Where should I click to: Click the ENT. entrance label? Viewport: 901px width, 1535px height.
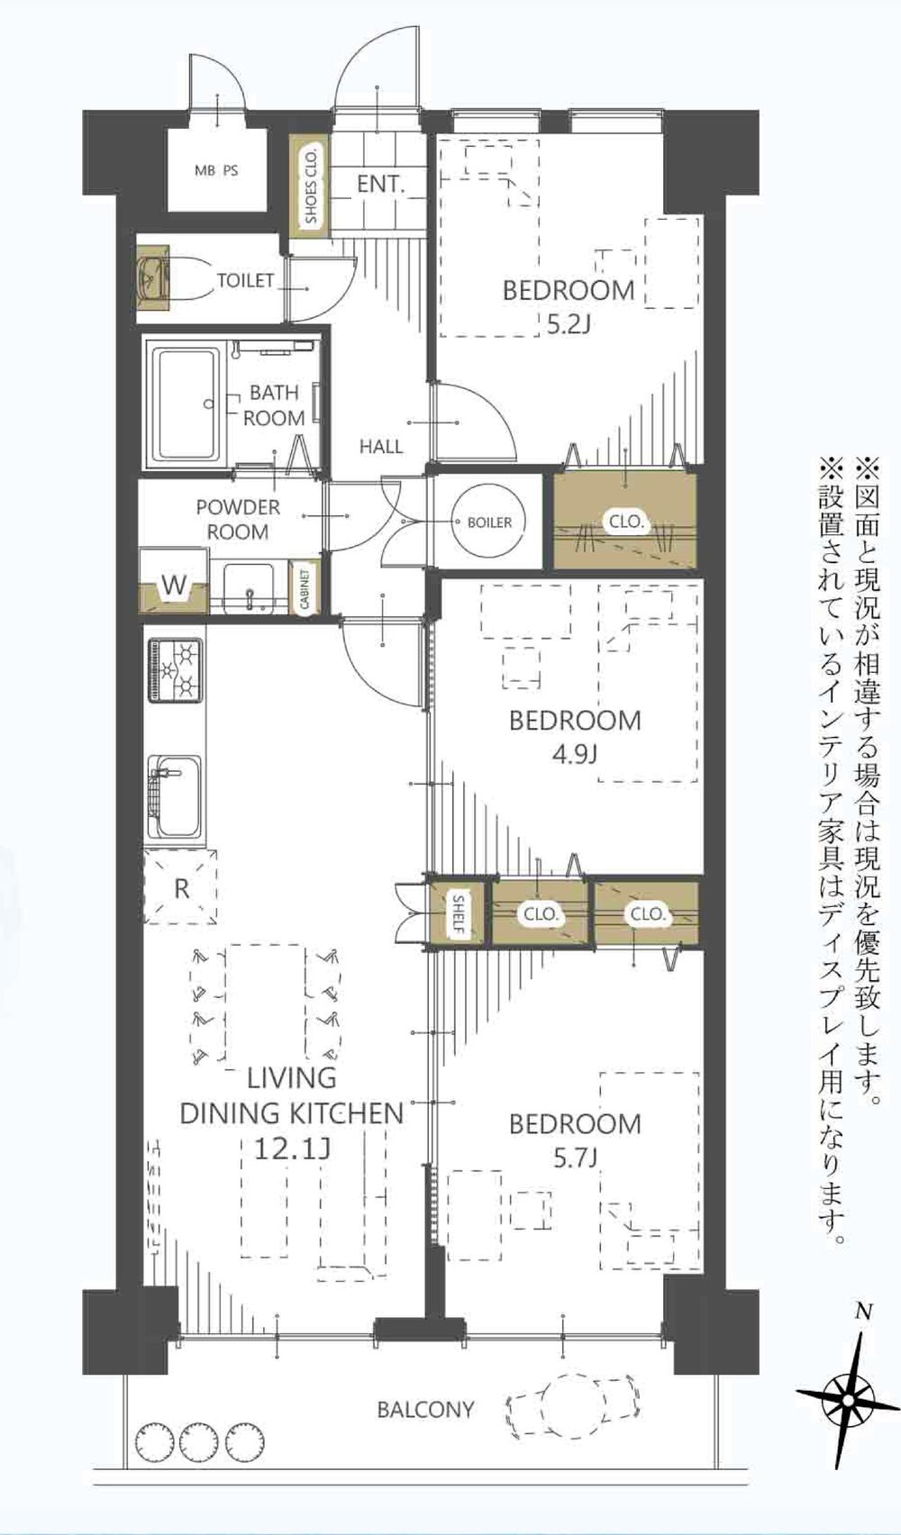379,184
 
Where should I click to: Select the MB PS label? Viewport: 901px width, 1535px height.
216,169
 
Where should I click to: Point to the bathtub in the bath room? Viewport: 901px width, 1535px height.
187,403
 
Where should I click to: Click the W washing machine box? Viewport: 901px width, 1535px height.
173,586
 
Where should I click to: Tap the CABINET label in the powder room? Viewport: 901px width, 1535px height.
305,590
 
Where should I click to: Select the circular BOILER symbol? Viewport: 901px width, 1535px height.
489,522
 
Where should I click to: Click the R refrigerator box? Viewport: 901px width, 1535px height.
181,888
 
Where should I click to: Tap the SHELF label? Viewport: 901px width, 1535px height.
459,914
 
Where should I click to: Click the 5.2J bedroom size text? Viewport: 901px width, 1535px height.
568,323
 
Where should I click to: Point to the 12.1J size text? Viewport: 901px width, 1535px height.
290,1149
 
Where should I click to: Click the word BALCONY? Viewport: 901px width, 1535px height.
425,1409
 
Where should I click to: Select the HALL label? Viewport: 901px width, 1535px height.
380,446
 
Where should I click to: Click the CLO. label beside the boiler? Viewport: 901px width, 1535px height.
625,522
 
